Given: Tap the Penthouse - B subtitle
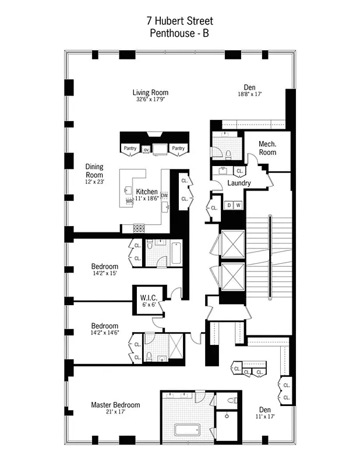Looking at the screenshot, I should [x=179, y=34].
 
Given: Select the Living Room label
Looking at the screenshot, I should [x=150, y=93].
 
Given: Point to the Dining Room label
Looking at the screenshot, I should [x=94, y=171].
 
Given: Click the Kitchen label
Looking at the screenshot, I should [x=146, y=192].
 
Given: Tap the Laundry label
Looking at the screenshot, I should [x=239, y=183].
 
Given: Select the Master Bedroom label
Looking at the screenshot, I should [x=115, y=405].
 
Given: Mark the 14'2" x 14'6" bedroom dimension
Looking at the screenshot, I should [x=105, y=333].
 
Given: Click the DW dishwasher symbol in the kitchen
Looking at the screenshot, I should [x=164, y=195].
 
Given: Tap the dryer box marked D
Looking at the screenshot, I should [x=230, y=205].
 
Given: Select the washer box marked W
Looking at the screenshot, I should [x=238, y=205].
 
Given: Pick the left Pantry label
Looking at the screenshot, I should [x=129, y=149].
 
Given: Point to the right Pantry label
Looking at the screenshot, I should [x=178, y=149].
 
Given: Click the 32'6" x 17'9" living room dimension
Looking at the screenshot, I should [x=150, y=100].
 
